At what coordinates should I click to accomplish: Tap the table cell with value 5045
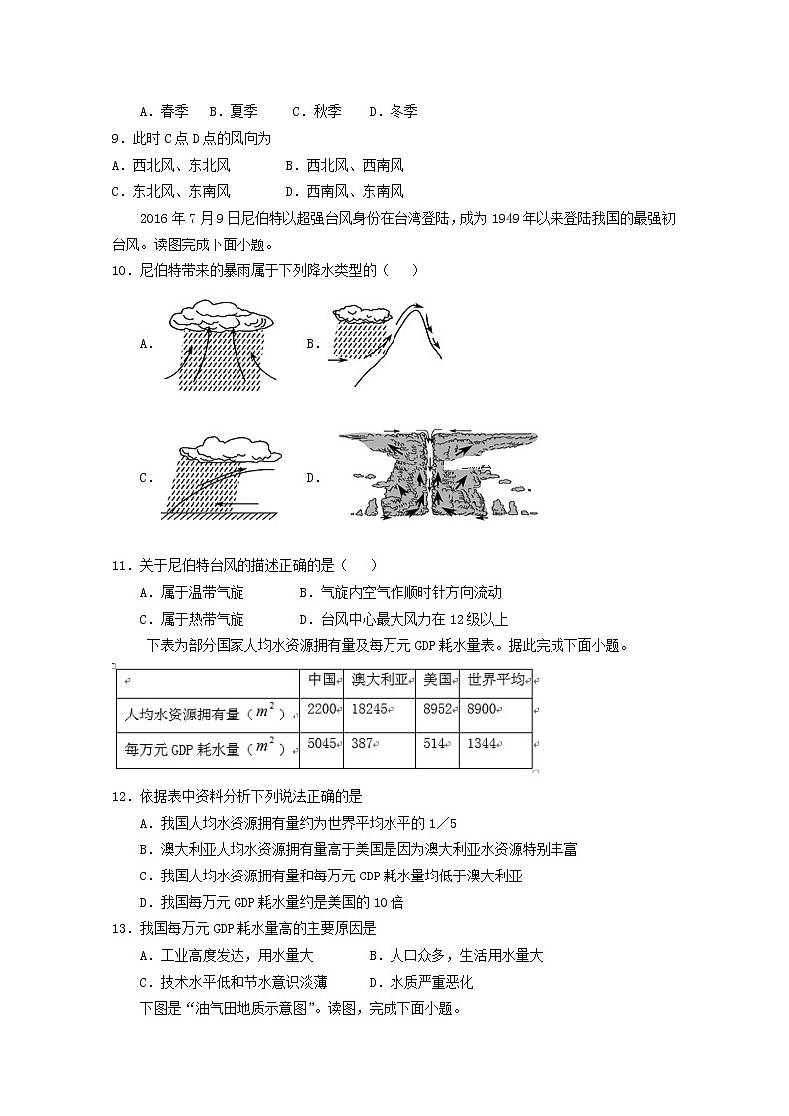coord(323,743)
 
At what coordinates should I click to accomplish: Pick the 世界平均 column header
coord(495,680)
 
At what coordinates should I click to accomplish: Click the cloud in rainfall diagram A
coord(220,320)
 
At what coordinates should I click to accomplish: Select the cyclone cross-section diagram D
coord(436,475)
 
